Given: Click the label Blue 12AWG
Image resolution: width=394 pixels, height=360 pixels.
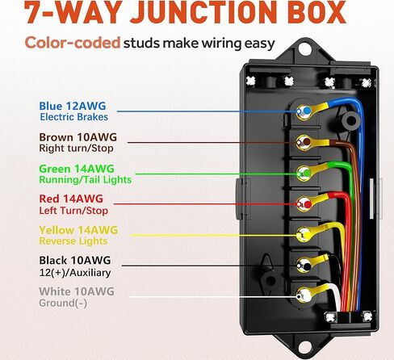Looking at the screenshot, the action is click(x=73, y=106).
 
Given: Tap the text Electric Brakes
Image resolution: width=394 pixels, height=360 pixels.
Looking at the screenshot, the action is click(x=74, y=117).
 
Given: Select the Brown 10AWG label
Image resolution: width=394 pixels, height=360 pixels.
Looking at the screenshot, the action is click(x=78, y=137).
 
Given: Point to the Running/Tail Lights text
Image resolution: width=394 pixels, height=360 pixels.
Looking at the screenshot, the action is click(x=86, y=180).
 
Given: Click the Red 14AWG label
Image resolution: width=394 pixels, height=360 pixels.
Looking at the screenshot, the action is click(x=71, y=199).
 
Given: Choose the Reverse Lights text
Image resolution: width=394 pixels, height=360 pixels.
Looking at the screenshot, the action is click(x=73, y=241).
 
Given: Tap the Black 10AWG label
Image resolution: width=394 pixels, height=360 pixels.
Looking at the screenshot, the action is click(x=75, y=261).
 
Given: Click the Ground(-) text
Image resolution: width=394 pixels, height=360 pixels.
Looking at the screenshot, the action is click(x=63, y=303).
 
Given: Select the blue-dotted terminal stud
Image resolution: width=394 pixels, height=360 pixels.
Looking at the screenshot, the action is click(x=304, y=111).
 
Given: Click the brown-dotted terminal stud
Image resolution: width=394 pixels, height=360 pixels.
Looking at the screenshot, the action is click(x=304, y=142).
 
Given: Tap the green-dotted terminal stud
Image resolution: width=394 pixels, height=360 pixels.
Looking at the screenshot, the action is click(x=304, y=173).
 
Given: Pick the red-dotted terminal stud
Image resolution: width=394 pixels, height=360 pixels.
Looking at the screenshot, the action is click(x=304, y=204).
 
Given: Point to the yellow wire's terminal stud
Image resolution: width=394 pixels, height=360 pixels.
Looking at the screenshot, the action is click(x=304, y=235).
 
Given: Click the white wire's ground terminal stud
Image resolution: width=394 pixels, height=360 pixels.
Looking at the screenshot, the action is click(x=304, y=295).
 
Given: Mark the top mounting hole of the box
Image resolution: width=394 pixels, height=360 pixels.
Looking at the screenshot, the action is click(x=304, y=48).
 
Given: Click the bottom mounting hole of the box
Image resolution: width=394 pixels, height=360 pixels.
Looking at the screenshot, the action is click(x=304, y=347).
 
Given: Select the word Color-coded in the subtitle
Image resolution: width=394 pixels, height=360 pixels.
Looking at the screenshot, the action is click(x=73, y=43).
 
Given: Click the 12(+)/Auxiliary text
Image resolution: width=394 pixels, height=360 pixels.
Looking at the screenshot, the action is click(x=75, y=273).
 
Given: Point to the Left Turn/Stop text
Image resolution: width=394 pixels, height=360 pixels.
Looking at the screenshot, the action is click(x=73, y=211).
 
